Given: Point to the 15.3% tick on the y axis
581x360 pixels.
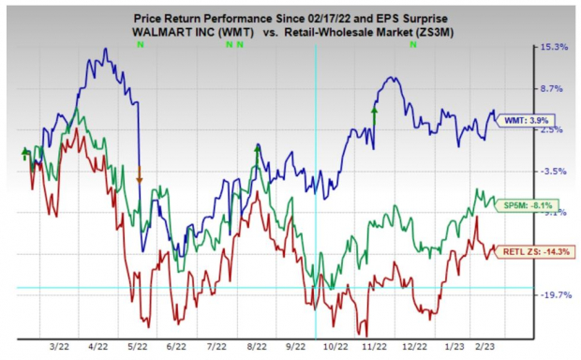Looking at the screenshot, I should pyautogui.click(x=553, y=47).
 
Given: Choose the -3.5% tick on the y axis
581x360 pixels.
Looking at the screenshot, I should pyautogui.click(x=553, y=172).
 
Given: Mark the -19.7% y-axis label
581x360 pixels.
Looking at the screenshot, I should pyautogui.click(x=553, y=294).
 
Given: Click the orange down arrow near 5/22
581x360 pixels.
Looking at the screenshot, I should pyautogui.click(x=140, y=174).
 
